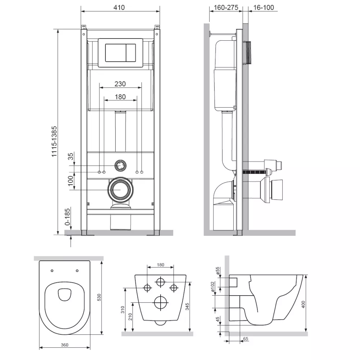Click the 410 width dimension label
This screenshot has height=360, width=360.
[x=119, y=7]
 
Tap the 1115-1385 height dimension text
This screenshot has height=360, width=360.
[x=54, y=141]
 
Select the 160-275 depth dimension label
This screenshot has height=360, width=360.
[x=226, y=8]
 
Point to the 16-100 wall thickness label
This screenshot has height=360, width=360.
[x=264, y=8]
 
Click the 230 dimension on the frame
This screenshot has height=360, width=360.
[x=120, y=84]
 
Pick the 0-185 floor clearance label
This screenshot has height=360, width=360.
[x=68, y=216]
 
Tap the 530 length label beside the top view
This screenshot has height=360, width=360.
[x=99, y=298]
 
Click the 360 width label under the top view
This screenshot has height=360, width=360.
[x=65, y=345]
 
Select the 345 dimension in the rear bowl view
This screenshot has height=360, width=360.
[x=187, y=306]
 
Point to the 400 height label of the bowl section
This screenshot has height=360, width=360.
[x=303, y=304]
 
